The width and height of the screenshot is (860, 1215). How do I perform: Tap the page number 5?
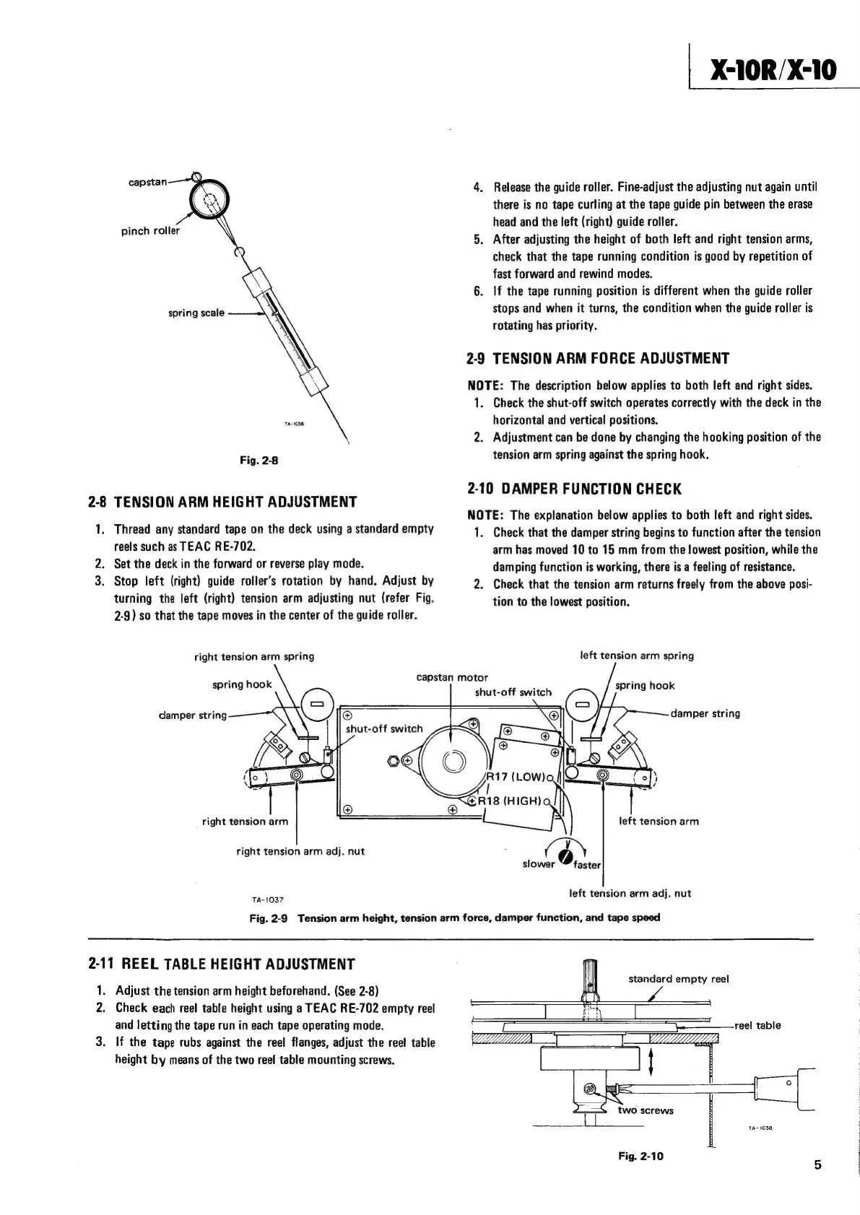[817, 1164]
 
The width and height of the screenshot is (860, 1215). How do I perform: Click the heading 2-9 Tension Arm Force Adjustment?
[598, 359]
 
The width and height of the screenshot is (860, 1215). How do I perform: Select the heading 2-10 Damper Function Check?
[574, 489]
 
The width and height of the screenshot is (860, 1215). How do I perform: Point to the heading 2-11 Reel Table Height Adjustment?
[222, 964]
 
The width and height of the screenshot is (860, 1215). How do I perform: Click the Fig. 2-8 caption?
[259, 461]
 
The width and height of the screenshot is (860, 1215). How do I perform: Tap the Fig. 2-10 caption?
[640, 1156]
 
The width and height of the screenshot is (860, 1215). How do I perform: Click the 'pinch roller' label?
[150, 231]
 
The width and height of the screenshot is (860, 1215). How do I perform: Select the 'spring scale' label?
[196, 313]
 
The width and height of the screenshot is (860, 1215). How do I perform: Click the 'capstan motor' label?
[452, 677]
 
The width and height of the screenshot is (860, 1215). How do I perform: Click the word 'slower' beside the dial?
[538, 864]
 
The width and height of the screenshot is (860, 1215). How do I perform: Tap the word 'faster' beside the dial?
[588, 864]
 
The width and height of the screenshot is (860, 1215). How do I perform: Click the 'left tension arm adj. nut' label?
[630, 893]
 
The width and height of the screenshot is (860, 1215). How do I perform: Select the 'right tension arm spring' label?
[254, 656]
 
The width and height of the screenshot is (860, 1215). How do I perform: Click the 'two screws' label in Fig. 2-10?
[646, 1110]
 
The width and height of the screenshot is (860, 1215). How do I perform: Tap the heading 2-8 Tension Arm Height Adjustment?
[222, 502]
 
